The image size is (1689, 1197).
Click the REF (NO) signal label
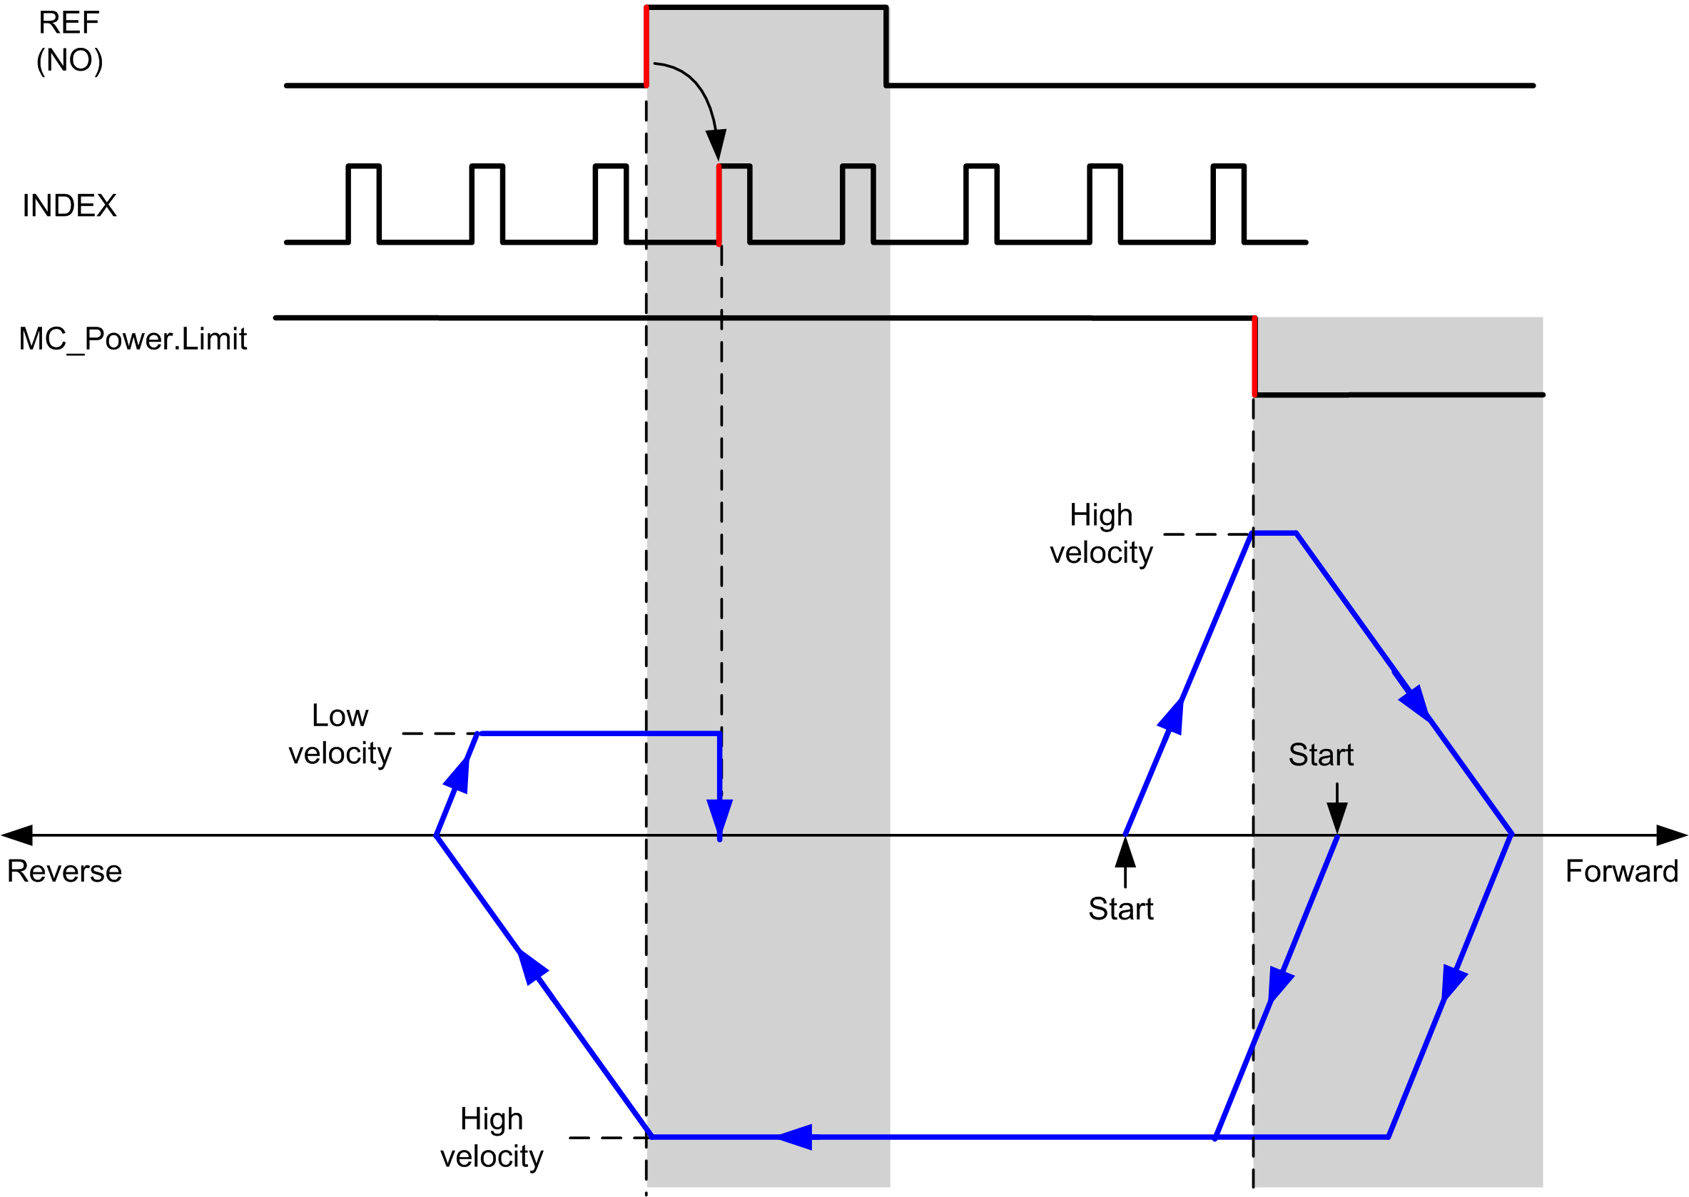tap(69, 42)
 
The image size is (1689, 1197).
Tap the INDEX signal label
tap(69, 205)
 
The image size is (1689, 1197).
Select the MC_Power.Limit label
tap(133, 340)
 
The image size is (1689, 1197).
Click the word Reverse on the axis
tap(64, 871)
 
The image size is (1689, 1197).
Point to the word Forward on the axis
tap(1622, 871)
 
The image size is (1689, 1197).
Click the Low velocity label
tap(340, 734)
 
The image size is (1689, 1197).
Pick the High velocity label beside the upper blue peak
tap(1102, 534)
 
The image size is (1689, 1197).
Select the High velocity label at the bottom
tap(492, 1137)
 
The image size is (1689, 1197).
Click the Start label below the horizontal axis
tap(1120, 909)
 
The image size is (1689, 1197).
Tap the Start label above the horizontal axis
tap(1321, 755)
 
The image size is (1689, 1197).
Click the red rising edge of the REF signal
tap(646, 46)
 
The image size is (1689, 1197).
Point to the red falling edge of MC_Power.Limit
tap(1254, 357)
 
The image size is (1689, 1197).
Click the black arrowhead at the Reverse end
tap(16, 835)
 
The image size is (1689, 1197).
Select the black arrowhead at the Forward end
tap(1672, 835)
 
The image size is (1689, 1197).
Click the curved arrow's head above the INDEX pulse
tap(716, 145)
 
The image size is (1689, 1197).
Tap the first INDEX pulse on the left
tap(363, 203)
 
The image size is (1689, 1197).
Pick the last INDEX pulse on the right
tap(1229, 203)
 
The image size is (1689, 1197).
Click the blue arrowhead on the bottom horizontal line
tap(796, 1137)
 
